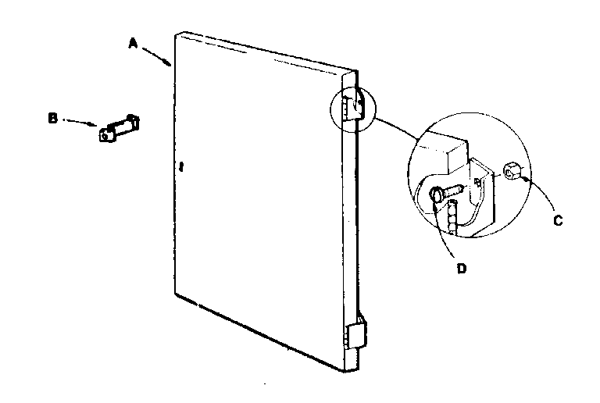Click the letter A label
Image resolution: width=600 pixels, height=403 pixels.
(133, 43)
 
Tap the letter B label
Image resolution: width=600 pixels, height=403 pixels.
(52, 118)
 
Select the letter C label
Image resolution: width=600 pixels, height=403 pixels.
(558, 220)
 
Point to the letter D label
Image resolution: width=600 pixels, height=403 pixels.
(462, 269)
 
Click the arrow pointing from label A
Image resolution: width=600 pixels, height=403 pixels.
(156, 56)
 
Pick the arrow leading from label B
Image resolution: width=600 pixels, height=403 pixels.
(80, 123)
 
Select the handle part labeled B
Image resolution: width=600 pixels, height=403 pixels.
(119, 128)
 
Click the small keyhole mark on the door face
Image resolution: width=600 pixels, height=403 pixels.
(181, 166)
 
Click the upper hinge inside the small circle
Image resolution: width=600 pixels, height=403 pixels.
(354, 107)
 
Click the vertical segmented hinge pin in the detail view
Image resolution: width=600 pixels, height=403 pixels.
(452, 217)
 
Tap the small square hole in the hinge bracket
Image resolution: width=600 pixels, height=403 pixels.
(477, 181)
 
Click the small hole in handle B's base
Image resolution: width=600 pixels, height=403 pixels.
(105, 136)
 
